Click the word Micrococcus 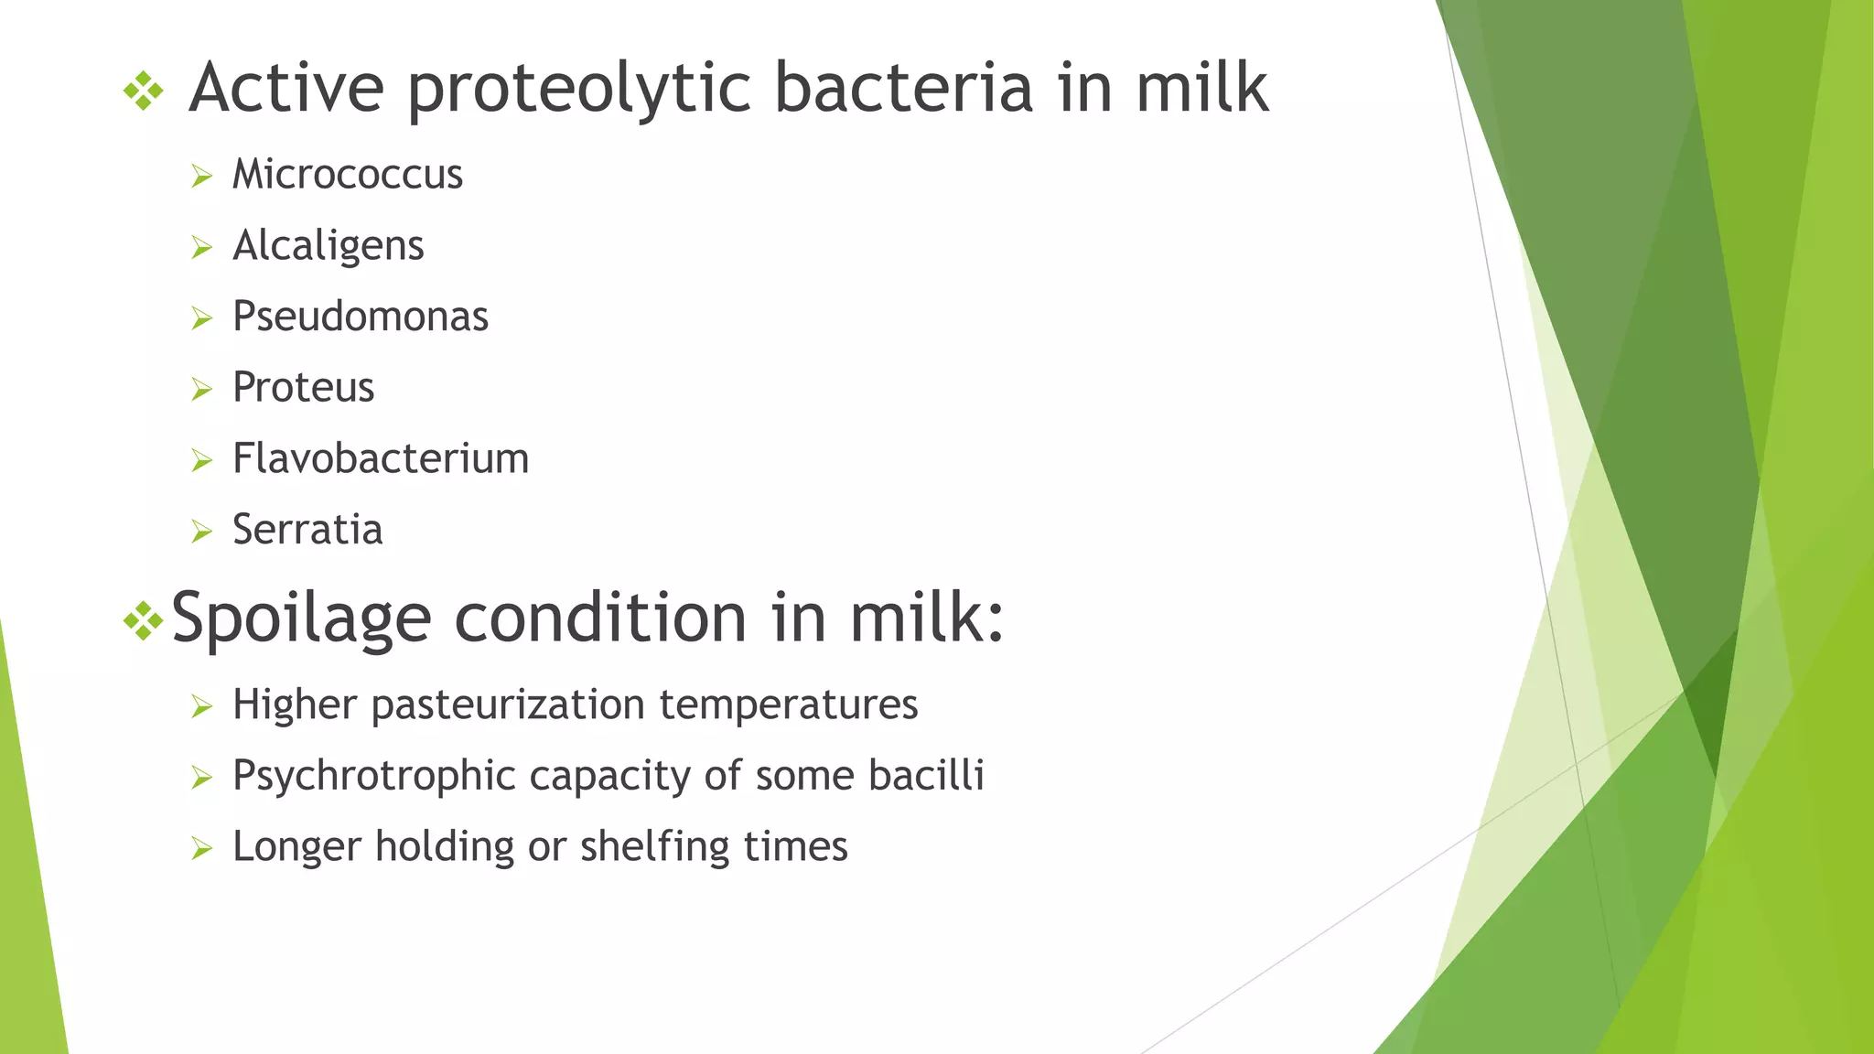[x=347, y=174]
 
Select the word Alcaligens [x=328, y=245]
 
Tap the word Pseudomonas [x=360, y=317]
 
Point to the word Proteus [x=303, y=387]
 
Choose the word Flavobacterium [x=380, y=458]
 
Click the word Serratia [x=307, y=530]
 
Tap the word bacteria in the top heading [x=903, y=88]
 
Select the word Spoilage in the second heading [x=301, y=618]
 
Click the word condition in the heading [x=600, y=618]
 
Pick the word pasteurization [x=508, y=704]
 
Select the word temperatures [x=788, y=704]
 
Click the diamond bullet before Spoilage [x=143, y=622]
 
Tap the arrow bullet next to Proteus [x=201, y=390]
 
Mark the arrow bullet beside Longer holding [x=201, y=849]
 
